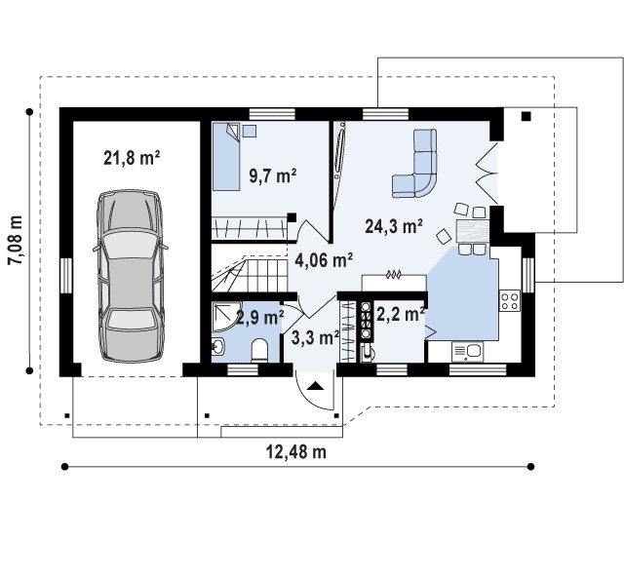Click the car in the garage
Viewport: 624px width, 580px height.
tap(131, 276)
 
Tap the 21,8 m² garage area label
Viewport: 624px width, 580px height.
tap(132, 158)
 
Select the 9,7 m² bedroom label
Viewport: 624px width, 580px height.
tap(273, 175)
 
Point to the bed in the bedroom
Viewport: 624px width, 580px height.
tap(226, 156)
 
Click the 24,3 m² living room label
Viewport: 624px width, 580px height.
tap(394, 226)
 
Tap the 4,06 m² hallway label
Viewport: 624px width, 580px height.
tap(324, 260)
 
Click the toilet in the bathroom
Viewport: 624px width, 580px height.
tap(260, 350)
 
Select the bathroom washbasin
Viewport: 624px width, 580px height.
tap(218, 347)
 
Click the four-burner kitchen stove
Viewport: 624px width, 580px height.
tap(510, 300)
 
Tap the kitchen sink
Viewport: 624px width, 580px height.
tap(468, 351)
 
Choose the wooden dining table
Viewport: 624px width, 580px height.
tap(472, 231)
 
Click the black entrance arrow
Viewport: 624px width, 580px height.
tap(315, 385)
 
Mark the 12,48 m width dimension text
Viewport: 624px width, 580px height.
tap(296, 452)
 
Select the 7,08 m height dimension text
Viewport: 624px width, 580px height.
tap(16, 240)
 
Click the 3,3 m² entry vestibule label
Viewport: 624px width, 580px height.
tap(315, 337)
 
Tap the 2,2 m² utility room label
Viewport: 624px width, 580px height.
tap(400, 315)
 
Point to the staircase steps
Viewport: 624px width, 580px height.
tap(250, 275)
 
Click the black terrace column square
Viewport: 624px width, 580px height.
tap(526, 116)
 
